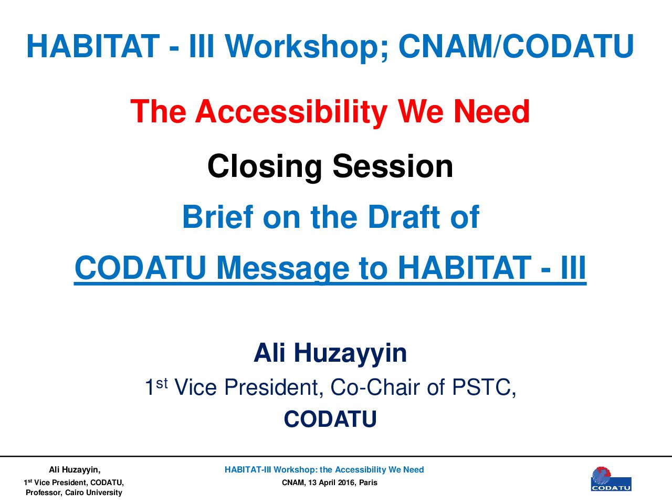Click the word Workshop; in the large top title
(x=307, y=47)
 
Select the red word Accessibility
(x=291, y=112)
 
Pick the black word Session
(x=393, y=166)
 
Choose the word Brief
(x=218, y=217)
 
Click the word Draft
(x=404, y=217)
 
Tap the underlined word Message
(x=283, y=268)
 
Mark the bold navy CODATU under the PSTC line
(x=330, y=419)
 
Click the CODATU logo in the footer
(x=611, y=479)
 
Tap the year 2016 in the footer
(x=347, y=482)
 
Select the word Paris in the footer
(x=369, y=482)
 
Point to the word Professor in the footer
(x=44, y=492)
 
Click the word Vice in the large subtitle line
(x=196, y=387)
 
